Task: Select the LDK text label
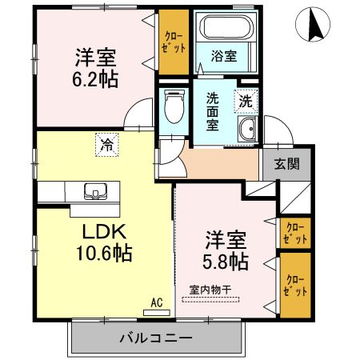tap(101, 232)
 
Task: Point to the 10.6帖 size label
tap(100, 254)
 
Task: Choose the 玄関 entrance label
tap(286, 165)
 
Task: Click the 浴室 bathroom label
tap(223, 58)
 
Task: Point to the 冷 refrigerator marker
tap(106, 143)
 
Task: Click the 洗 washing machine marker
tap(246, 102)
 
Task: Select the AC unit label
tap(156, 303)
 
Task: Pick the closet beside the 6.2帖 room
tap(171, 42)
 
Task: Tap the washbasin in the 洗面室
tap(247, 130)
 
